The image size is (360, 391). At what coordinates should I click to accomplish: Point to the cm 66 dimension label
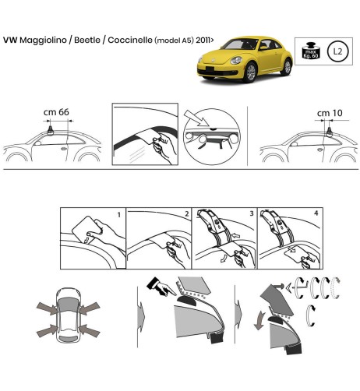[x=57, y=112]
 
